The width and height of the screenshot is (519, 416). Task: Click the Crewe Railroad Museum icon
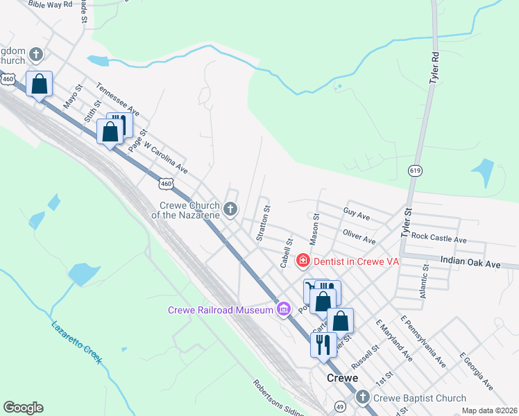(283, 309)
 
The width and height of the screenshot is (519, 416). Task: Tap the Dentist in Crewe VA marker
(303, 261)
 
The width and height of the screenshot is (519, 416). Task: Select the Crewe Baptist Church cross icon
(363, 397)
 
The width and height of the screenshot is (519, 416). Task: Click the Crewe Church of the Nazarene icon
(230, 208)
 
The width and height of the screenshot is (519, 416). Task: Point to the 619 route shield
(415, 171)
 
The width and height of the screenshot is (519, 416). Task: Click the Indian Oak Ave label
(470, 264)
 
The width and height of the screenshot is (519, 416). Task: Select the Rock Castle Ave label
(439, 236)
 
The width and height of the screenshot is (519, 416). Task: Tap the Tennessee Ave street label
(118, 101)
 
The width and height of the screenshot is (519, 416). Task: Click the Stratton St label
(262, 223)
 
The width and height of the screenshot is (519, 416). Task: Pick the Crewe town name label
(342, 378)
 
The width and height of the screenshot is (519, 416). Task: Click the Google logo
(23, 408)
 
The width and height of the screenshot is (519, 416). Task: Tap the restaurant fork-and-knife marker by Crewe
(323, 344)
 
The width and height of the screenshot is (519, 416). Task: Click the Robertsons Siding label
(278, 398)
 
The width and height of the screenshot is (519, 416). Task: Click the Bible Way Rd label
(51, 4)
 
